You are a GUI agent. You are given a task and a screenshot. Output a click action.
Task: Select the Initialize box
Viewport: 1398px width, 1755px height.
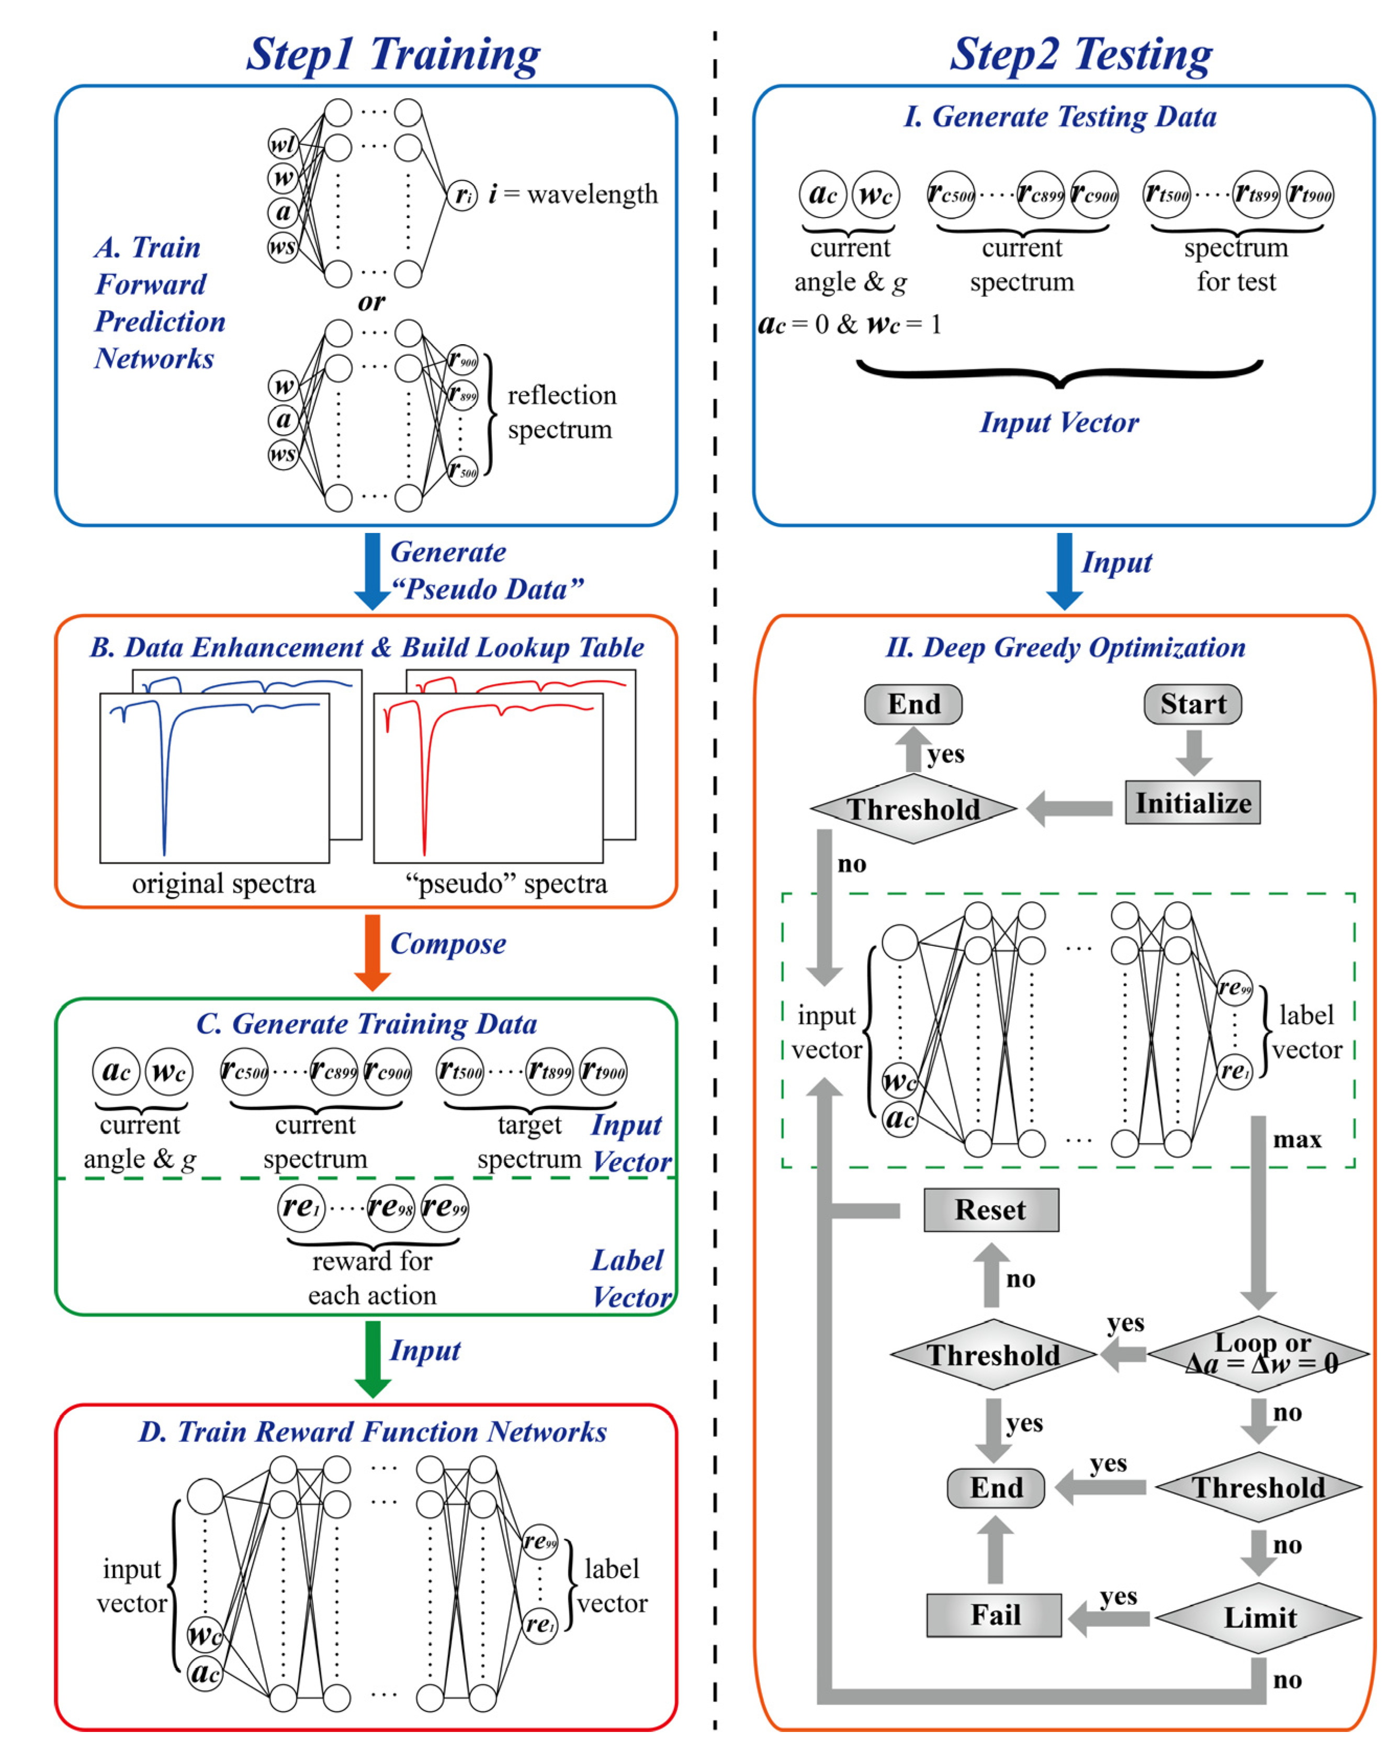1192,802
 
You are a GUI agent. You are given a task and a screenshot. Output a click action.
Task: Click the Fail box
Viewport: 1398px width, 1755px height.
994,1615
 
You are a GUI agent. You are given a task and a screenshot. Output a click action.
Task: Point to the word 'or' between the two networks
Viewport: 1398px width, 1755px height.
371,302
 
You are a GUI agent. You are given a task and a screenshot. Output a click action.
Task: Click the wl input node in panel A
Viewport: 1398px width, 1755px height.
283,145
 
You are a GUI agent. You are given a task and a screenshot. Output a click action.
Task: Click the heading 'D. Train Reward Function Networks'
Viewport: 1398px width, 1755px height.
372,1432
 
